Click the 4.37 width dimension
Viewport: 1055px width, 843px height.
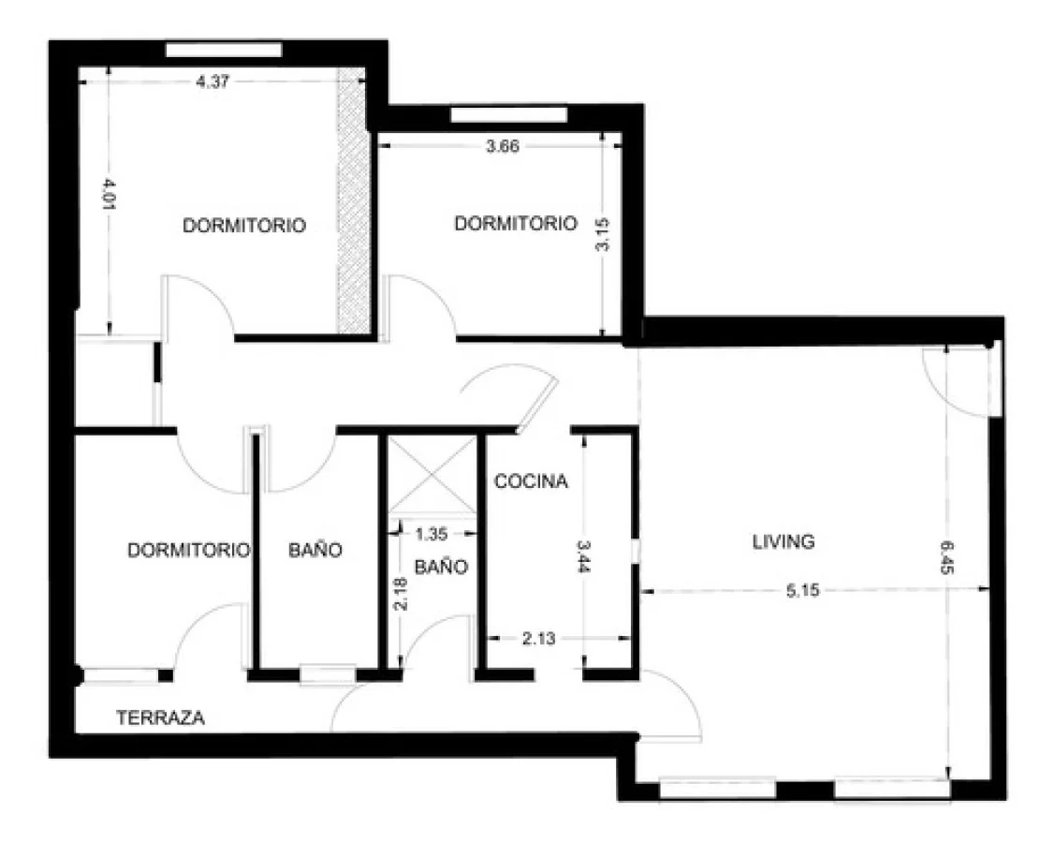212,82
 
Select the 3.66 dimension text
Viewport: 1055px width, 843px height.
503,146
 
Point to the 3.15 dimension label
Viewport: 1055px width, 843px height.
603,234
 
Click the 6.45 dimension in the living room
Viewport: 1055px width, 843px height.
946,557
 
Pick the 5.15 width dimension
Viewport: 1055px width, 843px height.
802,591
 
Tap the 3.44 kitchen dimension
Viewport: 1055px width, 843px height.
583,556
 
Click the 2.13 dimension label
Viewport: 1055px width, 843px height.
539,638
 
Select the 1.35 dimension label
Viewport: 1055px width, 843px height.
432,534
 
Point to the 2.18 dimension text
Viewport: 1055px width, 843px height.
401,594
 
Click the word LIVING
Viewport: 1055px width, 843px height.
784,541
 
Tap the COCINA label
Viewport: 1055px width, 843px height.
531,481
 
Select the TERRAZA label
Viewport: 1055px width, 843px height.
160,717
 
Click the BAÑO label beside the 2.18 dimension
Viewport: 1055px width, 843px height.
441,567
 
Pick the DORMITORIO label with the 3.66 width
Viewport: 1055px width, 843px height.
516,223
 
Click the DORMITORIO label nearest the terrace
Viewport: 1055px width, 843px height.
188,550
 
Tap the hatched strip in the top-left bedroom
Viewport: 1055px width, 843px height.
354,200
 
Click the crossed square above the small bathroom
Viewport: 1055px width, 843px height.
432,475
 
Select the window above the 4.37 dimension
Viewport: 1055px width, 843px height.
224,50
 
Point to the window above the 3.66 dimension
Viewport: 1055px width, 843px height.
508,115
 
